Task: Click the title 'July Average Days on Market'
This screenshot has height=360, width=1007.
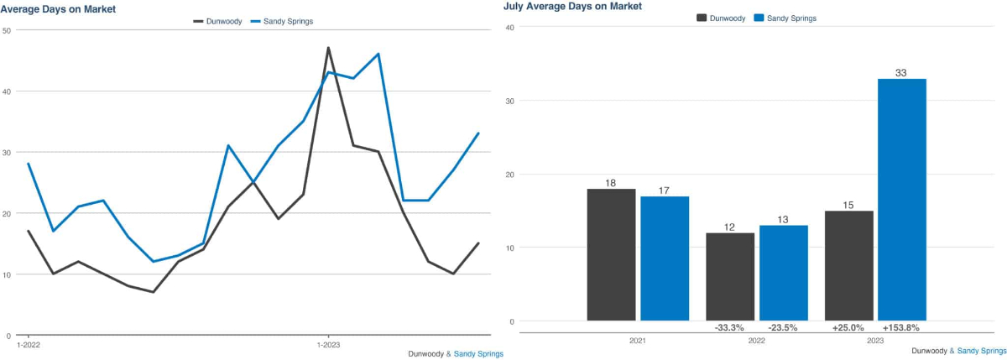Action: pos(572,6)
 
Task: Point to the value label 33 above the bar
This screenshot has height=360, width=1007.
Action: pos(901,73)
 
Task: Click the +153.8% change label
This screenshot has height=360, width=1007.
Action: pos(901,327)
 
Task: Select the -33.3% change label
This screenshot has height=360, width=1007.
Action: pos(730,327)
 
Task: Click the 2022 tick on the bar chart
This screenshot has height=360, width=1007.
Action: pos(756,342)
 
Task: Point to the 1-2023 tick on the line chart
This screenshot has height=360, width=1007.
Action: pos(328,344)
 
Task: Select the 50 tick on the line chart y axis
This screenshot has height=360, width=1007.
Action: pos(7,30)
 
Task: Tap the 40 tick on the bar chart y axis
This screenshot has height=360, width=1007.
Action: pos(509,27)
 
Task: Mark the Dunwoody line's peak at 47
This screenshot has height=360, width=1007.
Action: pos(328,48)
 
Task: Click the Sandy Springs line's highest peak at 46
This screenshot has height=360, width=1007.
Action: pos(378,54)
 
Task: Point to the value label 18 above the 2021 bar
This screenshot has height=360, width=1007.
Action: pos(611,183)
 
